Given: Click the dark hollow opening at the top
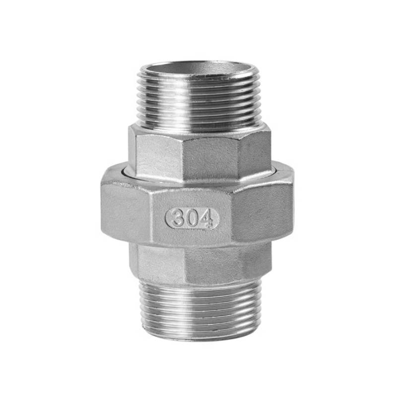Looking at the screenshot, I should [x=198, y=67].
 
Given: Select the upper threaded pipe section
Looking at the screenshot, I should [x=198, y=99].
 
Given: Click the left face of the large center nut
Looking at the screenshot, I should [x=127, y=213].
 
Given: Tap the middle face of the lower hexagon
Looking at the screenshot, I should [x=211, y=263].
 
